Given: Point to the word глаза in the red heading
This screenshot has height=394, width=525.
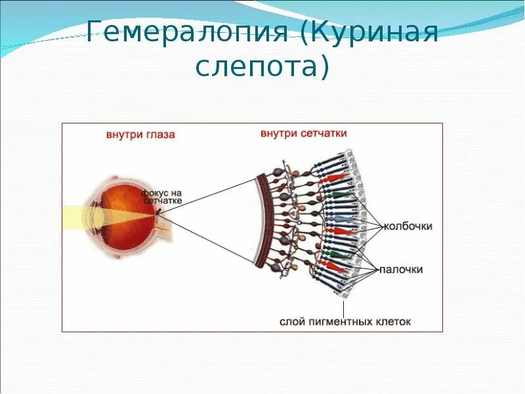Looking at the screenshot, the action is [x=161, y=135].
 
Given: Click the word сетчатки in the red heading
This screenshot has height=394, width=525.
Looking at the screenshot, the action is [x=324, y=133].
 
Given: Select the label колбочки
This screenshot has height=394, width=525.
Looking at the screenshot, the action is [x=408, y=227].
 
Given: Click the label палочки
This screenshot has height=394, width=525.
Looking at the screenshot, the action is [x=404, y=269].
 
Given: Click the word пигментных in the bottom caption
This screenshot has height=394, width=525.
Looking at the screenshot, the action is [x=341, y=322].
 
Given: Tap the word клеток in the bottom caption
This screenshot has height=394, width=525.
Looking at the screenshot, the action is [x=393, y=322].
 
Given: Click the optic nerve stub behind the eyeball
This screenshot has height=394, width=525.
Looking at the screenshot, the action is [x=164, y=226].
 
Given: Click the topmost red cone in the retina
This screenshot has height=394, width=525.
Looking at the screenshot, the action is [x=336, y=178].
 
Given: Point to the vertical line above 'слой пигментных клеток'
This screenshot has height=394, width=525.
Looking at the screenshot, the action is [x=345, y=306].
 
